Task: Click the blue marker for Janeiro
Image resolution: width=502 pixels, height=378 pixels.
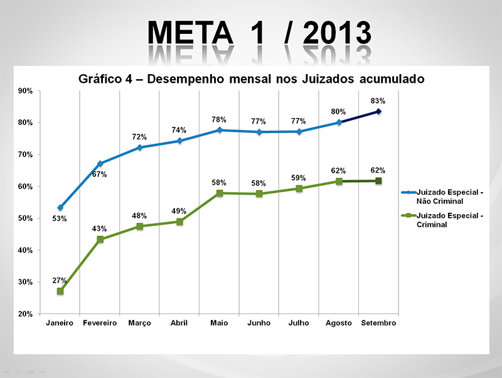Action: pos(60,207)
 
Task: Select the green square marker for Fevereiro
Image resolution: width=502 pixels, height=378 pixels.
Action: pos(100,239)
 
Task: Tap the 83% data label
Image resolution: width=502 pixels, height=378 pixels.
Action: pos(378,100)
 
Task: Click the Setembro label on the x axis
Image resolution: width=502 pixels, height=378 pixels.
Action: pos(379,323)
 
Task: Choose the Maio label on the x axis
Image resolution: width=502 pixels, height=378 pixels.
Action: pos(219,323)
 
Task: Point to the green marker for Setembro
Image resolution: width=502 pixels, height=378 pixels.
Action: pos(378,181)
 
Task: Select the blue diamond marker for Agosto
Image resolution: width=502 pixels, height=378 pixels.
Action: pos(339,122)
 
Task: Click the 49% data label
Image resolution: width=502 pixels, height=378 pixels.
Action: pos(179,211)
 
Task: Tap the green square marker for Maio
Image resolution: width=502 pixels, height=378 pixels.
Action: pos(219,193)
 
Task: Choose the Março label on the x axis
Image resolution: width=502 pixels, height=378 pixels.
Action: pos(139,323)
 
